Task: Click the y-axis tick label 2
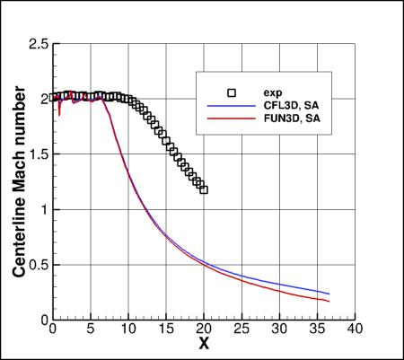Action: [x=42, y=99]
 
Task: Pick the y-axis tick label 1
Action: [x=42, y=209]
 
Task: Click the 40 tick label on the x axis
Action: [x=356, y=329]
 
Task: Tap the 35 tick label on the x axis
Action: [x=319, y=329]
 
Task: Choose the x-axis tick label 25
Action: [x=242, y=329]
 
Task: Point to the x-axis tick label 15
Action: [x=167, y=329]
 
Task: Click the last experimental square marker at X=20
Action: [x=204, y=189]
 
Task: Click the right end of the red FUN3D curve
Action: [x=329, y=301]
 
